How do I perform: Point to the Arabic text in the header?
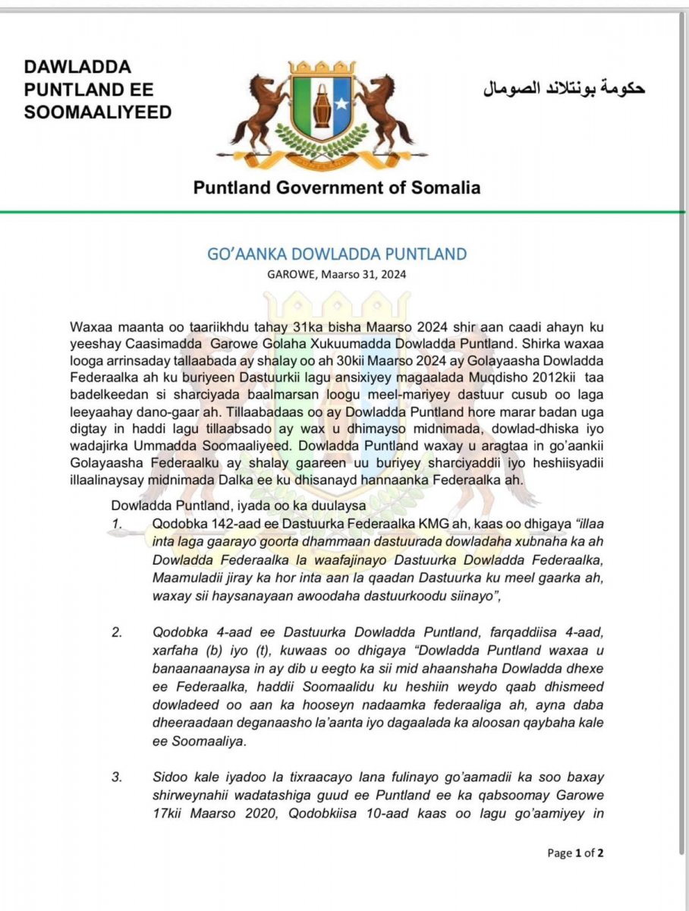point(564,89)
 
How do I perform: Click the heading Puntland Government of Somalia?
point(337,188)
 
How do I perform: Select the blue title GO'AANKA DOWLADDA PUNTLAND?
point(337,254)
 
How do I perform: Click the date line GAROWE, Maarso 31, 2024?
point(337,276)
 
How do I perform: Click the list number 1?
point(116,523)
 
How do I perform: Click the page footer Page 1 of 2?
point(575,853)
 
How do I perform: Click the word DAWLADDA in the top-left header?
point(77,68)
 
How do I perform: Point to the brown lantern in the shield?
point(322,102)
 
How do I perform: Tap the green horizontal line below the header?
point(344,211)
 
